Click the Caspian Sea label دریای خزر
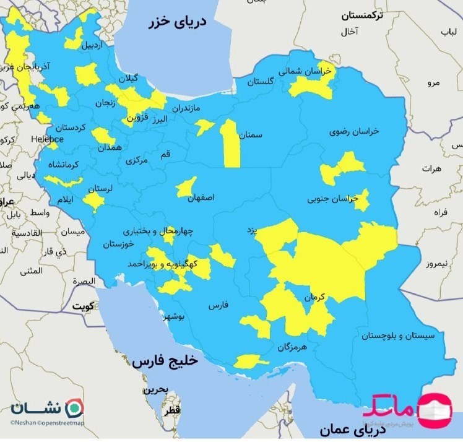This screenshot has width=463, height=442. coord(176,23)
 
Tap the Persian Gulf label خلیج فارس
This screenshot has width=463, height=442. coord(164,362)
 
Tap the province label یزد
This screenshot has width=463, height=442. coord(251,230)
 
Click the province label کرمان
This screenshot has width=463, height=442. coord(314,297)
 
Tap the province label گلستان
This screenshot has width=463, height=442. coord(260,82)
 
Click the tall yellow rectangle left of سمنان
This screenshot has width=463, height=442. coord(230,144)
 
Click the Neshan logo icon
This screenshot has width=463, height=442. coord(74,407)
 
